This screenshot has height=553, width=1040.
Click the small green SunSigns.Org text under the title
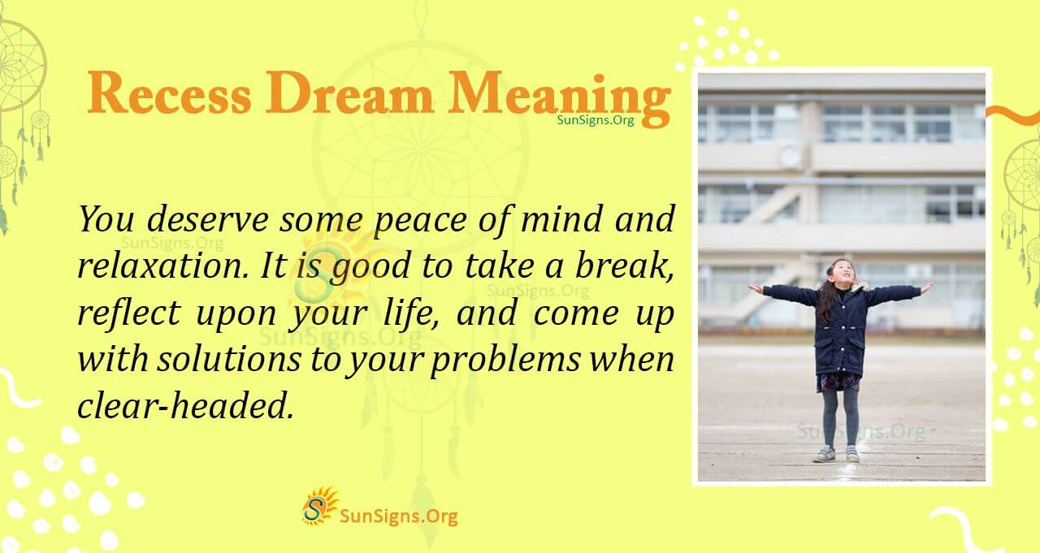point(596,119)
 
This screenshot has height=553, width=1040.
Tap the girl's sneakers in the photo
point(837,454)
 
